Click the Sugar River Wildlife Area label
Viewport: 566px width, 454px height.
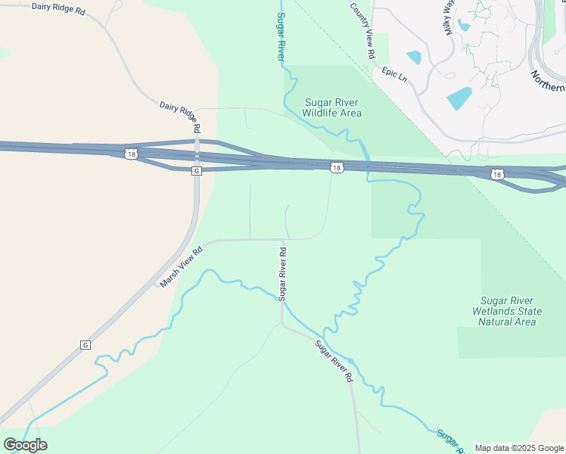[x=331, y=107]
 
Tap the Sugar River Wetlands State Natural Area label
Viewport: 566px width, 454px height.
[x=507, y=311]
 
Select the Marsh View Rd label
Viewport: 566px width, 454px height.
[x=182, y=267]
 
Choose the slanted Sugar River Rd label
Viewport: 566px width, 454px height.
[x=335, y=361]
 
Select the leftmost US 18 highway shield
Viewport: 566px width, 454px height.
[x=132, y=154]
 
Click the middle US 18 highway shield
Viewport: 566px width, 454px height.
[x=337, y=167]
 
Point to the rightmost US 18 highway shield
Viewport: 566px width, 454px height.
[x=496, y=174]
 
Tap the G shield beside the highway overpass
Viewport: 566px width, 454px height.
[x=197, y=171]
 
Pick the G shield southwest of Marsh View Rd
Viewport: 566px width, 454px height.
[x=85, y=345]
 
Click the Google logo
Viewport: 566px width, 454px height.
[x=25, y=445]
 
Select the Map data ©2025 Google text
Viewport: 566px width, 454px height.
[x=518, y=448]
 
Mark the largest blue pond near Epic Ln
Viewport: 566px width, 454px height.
[x=459, y=98]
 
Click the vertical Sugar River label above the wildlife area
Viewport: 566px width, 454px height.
[x=281, y=36]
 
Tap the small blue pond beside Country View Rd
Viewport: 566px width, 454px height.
[x=414, y=57]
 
